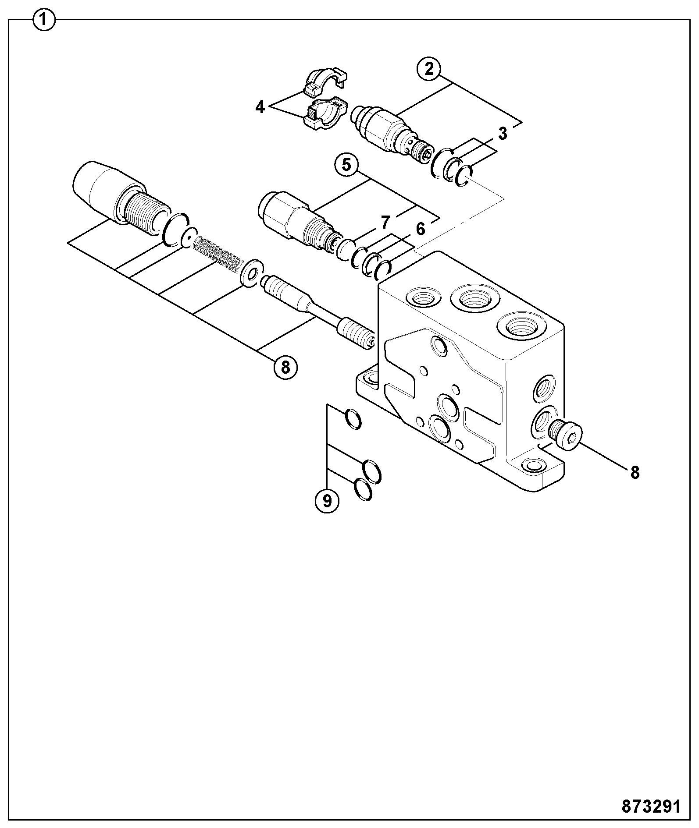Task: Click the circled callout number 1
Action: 44,20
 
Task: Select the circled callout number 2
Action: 429,68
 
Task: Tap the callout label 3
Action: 503,133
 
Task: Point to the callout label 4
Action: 260,106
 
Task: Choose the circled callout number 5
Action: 347,165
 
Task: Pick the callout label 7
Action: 385,223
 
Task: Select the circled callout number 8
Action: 285,367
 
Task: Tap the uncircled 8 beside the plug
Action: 635,472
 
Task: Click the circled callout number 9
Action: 327,500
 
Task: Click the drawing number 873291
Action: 651,806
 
